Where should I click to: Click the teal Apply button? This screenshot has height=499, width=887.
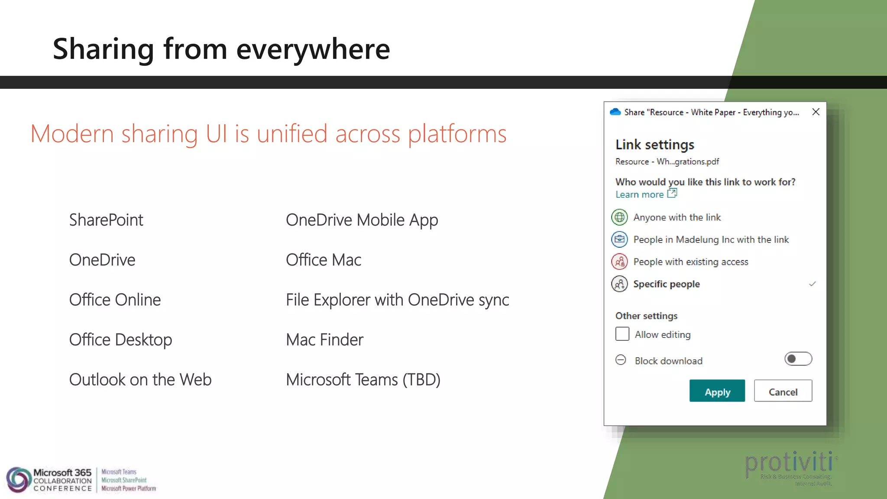tap(717, 391)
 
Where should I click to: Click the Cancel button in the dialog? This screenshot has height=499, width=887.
tap(783, 391)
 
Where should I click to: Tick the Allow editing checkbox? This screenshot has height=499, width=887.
tap(622, 334)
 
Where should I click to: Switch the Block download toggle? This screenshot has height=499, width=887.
tap(798, 359)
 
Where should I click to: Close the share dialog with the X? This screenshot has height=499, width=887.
tap(816, 112)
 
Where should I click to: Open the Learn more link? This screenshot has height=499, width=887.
tap(640, 194)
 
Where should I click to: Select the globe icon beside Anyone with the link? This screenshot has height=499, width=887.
tap(619, 217)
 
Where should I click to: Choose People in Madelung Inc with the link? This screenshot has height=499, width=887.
tap(711, 240)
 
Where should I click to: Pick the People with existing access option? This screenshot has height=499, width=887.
tap(690, 262)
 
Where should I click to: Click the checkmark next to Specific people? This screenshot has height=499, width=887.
tap(812, 284)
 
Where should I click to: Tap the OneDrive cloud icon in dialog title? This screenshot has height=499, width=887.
tap(615, 112)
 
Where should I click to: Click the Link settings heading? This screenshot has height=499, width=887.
tap(654, 145)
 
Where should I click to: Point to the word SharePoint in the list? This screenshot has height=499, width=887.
tap(106, 220)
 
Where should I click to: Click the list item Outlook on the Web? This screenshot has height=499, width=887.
tap(140, 379)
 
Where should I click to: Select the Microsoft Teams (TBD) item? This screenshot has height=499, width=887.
tap(363, 379)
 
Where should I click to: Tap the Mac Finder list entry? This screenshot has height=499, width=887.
tap(324, 340)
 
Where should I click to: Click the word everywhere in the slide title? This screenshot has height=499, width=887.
tap(313, 49)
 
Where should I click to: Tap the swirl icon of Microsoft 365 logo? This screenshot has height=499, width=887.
tap(18, 480)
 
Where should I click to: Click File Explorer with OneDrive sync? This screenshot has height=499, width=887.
tap(397, 300)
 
